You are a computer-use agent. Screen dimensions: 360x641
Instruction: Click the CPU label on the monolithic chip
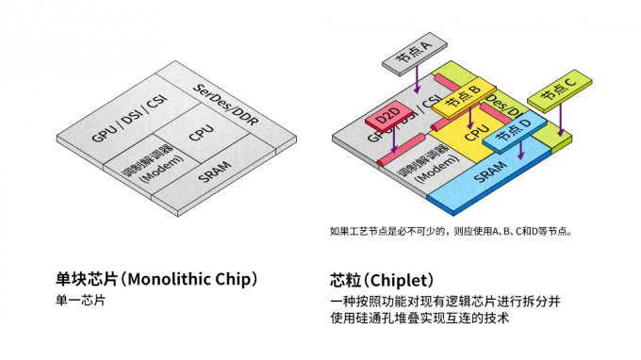pyautogui.click(x=201, y=133)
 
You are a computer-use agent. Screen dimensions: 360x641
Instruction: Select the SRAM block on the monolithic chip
pyautogui.click(x=215, y=174)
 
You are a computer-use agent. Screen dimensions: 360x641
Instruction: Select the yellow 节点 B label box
pyautogui.click(x=464, y=95)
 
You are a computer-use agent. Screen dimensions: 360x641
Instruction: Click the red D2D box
pyautogui.click(x=386, y=118)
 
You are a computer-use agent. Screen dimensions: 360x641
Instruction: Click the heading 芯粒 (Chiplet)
pyautogui.click(x=381, y=280)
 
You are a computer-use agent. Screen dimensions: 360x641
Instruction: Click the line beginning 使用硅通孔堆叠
pyautogui.click(x=419, y=319)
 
